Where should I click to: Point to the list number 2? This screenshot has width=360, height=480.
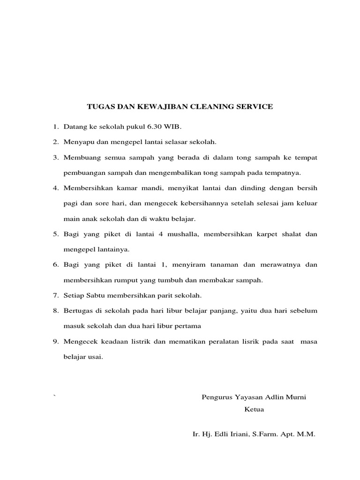tap(55, 142)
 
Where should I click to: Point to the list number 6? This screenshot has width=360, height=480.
tap(55, 265)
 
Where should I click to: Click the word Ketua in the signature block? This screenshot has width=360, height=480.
tap(255, 409)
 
